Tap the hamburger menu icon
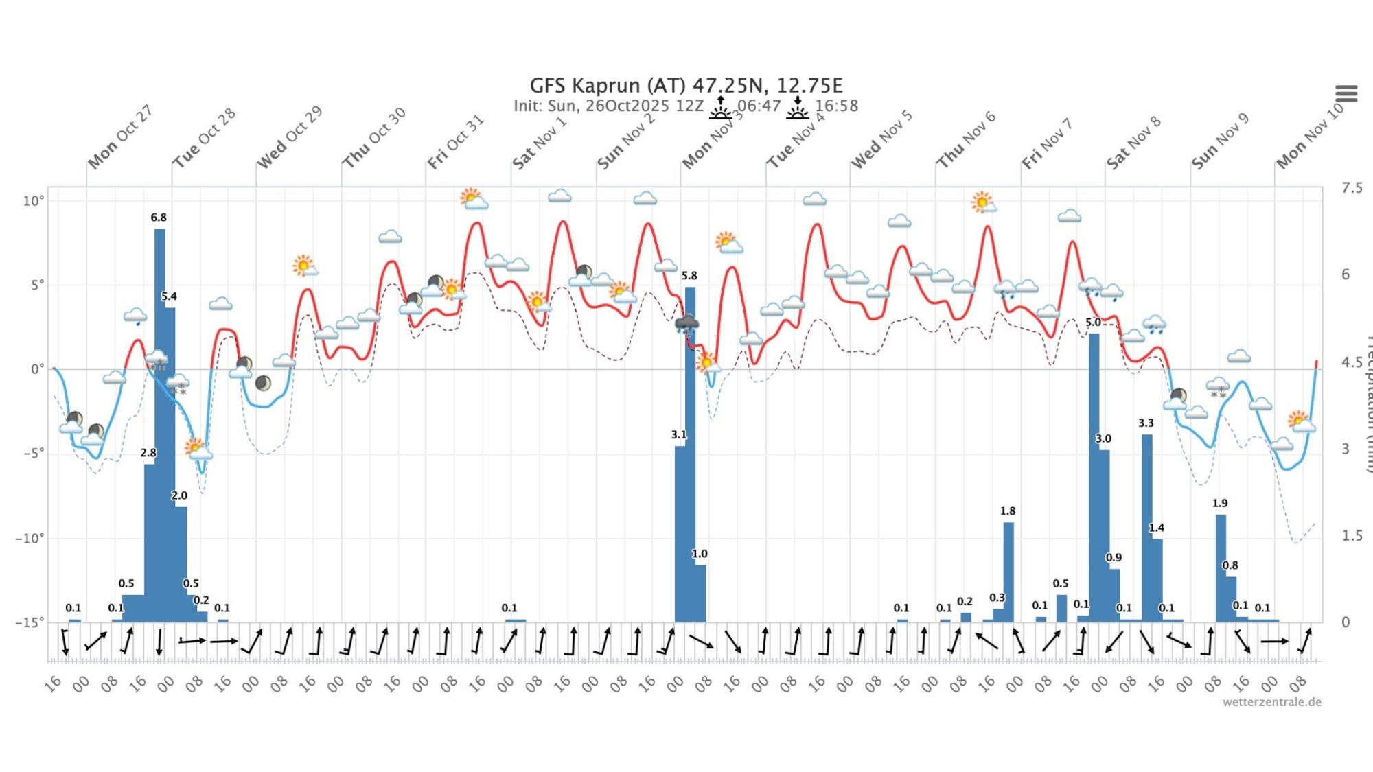(x=1346, y=93)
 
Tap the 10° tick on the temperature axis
(x=33, y=201)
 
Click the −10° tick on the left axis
(x=30, y=538)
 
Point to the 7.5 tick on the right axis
(x=1352, y=188)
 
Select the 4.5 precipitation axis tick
(x=1352, y=362)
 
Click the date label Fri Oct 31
(x=456, y=142)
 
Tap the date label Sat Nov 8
(x=1133, y=142)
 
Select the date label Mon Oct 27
(x=119, y=137)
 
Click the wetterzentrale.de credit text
(x=1271, y=702)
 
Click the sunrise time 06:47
(x=759, y=106)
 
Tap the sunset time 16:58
(x=836, y=106)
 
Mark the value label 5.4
(x=169, y=296)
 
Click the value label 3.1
(x=678, y=435)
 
